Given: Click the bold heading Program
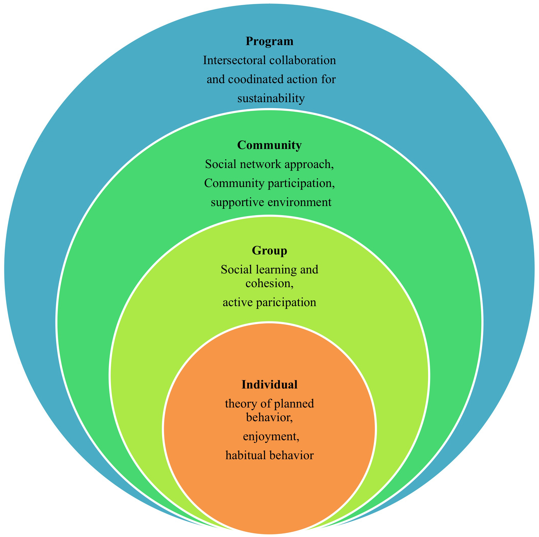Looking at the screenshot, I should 269,41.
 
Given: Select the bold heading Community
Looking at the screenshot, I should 269,145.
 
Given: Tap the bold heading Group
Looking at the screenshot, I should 269,250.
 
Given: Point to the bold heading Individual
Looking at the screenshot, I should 269,384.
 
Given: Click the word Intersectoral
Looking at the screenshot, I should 234,60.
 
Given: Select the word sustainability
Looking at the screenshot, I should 271,98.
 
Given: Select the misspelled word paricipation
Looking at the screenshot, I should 286,303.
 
